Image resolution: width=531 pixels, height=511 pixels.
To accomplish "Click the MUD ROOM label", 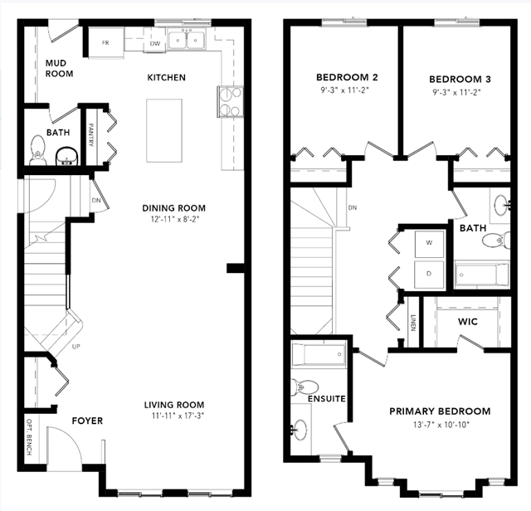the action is [59, 68].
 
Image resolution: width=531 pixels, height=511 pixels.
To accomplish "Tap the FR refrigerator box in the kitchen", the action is [106, 42].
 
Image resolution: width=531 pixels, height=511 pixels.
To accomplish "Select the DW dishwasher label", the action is [155, 44].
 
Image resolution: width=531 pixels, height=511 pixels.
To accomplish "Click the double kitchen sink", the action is [187, 41].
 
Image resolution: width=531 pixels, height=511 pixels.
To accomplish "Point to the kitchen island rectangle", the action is [164, 131].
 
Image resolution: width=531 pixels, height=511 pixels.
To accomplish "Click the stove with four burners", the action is [231, 101].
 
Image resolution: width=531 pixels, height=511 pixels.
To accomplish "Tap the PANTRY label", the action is [91, 134].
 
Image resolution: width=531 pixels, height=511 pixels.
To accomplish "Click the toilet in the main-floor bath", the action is [38, 150].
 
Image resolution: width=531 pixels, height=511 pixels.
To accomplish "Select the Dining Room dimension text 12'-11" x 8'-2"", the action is [175, 219].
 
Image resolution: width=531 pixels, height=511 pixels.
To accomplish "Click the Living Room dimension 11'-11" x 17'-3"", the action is [178, 416].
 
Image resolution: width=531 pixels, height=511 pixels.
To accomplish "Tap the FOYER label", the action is [87, 421].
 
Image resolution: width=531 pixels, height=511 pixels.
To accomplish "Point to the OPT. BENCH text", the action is [29, 437].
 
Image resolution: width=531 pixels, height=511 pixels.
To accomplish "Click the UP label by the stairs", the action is [76, 347].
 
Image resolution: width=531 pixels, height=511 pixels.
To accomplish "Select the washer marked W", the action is [430, 245].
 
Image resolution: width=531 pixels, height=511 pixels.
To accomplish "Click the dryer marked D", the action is [430, 275].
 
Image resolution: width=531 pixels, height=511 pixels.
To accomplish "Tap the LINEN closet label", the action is [413, 323].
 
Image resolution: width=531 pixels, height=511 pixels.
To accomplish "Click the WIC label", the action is [468, 321].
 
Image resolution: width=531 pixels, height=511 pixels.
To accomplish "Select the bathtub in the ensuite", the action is [319, 354].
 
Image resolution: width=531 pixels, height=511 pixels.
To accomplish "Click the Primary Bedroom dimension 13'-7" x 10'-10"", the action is [441, 424].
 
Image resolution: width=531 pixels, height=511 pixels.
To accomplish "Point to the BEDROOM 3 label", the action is [460, 80].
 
